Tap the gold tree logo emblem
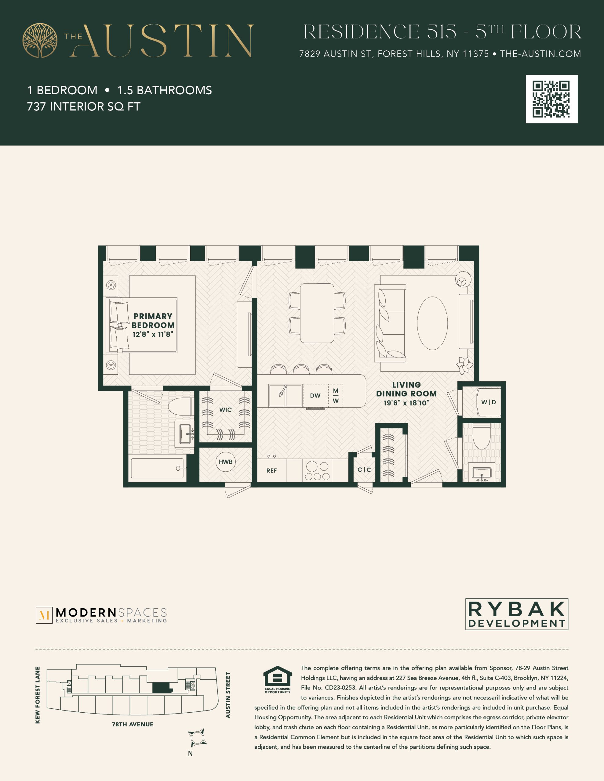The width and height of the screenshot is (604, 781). pos(40,40)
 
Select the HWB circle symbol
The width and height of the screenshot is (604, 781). pos(226,462)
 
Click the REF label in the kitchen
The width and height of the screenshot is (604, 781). pos(271,471)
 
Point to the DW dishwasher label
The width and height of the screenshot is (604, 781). pos(315,395)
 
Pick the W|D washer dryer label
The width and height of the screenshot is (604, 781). pos(488,402)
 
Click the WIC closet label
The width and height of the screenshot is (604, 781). pos(226,410)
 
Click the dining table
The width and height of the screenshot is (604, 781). pos(317,313)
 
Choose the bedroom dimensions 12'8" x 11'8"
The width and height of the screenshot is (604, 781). pos(153,334)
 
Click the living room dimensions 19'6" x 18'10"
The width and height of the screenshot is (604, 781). pos(406,403)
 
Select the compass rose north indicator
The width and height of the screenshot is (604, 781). pos(197,738)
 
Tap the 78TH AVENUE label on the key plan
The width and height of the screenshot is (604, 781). pos(133,725)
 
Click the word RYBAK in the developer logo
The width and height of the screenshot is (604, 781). pos(517,609)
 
